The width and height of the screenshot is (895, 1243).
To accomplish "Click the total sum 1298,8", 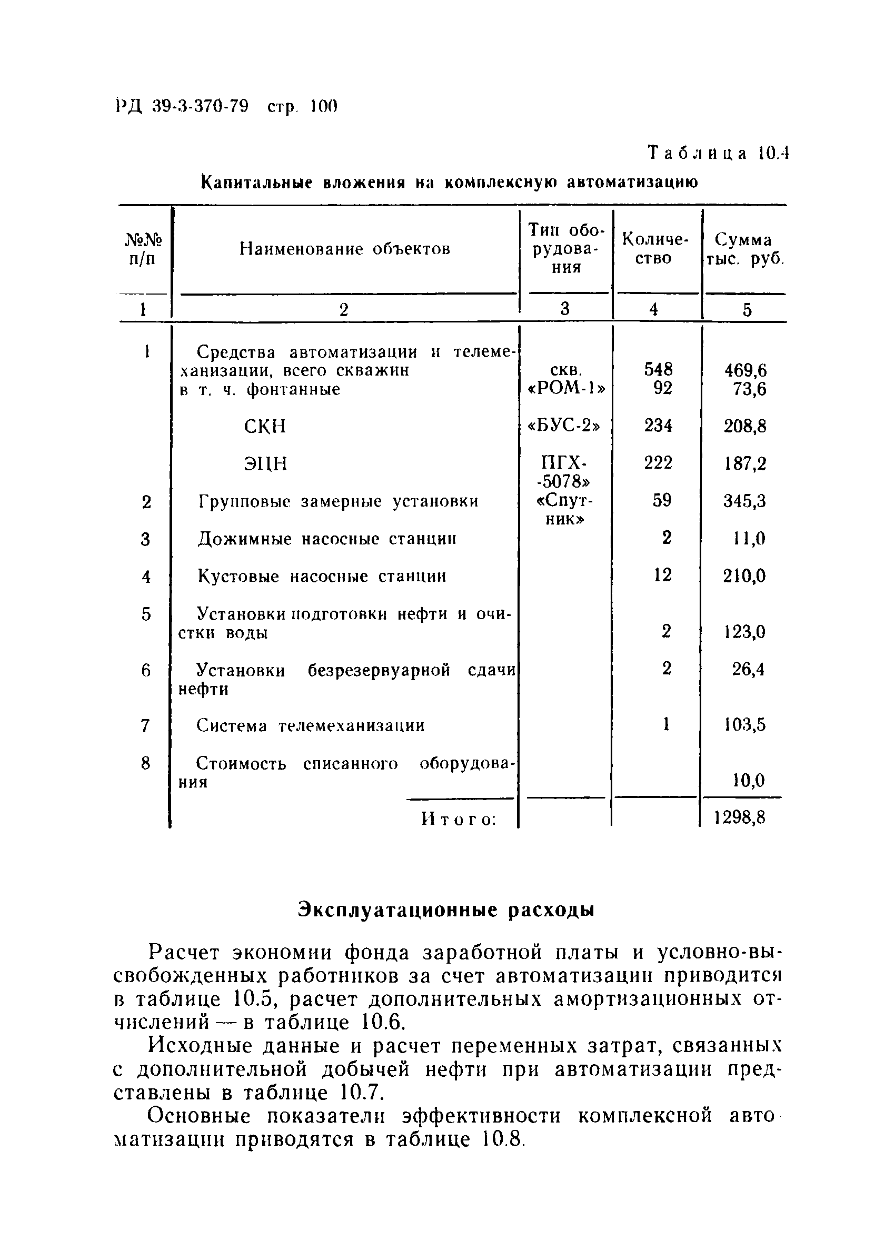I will coord(740,818).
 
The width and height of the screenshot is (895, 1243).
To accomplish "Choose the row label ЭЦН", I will coord(265,464).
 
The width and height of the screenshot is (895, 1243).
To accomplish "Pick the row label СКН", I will coord(265,426).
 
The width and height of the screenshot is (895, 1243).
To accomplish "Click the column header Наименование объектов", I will coord(345,249).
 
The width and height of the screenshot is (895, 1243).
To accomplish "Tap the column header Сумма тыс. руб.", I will coord(744,249).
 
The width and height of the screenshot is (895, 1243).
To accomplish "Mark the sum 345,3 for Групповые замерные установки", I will coord(745,501).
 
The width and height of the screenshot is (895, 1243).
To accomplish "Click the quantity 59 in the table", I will coord(662,500).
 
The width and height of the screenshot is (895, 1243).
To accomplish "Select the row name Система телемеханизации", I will coord(311,726).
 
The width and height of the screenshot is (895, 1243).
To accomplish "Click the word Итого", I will coord(459,820).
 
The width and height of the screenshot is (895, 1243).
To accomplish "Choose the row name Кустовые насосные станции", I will coord(322,577).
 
